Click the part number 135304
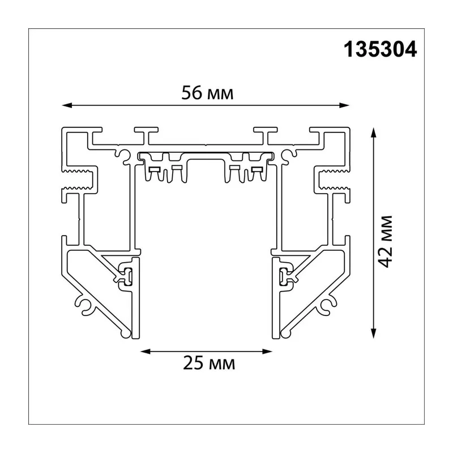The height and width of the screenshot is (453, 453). (x=380, y=49)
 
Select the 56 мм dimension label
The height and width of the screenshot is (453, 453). (x=207, y=93)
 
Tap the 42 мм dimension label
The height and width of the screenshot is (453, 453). (x=386, y=242)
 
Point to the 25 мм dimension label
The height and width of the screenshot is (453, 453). (x=209, y=363)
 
